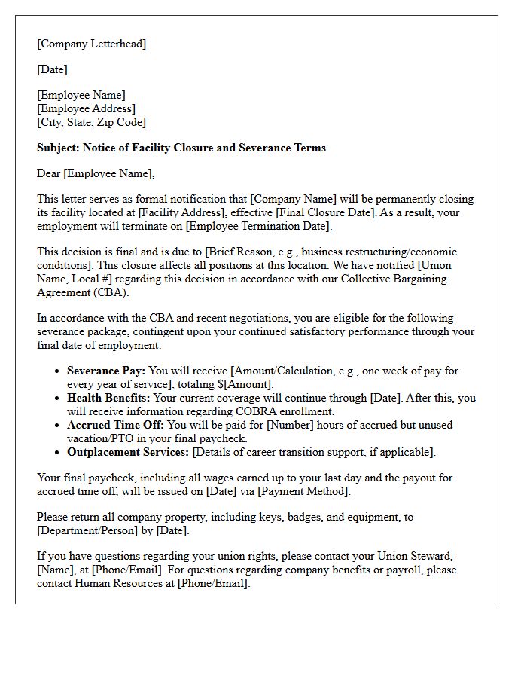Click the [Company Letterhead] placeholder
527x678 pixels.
tap(91, 44)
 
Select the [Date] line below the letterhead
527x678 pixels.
tap(52, 69)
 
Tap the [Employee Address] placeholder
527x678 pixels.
tap(86, 108)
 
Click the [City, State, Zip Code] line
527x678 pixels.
tap(91, 122)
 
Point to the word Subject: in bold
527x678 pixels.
tap(58, 148)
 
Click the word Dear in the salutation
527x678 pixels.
tap(49, 173)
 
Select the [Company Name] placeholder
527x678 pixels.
tap(287, 200)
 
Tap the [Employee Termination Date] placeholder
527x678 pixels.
tap(257, 227)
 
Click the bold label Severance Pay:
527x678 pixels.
tap(105, 371)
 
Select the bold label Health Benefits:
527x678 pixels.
tap(108, 398)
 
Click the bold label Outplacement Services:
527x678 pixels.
tap(128, 452)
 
